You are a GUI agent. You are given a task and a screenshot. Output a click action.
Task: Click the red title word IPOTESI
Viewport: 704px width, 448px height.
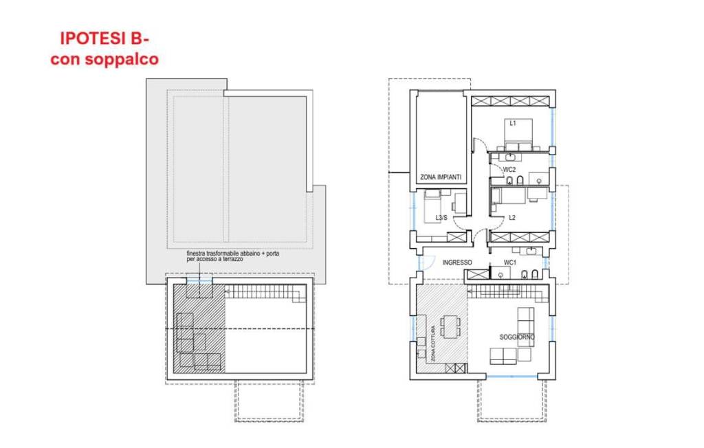(x=93, y=38)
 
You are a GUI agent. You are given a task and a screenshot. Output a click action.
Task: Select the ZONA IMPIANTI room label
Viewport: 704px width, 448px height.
(x=441, y=177)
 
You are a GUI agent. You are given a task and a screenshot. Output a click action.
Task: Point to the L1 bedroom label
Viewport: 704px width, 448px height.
(x=512, y=123)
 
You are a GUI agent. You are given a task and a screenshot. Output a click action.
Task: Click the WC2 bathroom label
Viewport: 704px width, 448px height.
(x=509, y=170)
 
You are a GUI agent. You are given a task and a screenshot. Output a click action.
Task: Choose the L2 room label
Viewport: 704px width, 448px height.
(x=511, y=218)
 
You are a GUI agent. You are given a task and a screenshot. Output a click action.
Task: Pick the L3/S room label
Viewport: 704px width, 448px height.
(x=441, y=218)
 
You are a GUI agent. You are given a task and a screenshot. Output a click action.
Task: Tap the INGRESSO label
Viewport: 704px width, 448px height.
(x=457, y=262)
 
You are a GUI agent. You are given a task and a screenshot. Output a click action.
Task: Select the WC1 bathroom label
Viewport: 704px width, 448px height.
(x=510, y=262)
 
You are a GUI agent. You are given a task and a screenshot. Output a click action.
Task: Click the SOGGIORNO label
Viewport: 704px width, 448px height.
(x=517, y=337)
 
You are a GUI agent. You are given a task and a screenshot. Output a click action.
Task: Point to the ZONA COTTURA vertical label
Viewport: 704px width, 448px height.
(x=433, y=344)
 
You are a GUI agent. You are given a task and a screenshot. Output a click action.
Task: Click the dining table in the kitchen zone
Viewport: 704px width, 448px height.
(x=450, y=326)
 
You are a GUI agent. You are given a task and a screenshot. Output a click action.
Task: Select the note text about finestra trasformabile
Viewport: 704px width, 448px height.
(x=232, y=256)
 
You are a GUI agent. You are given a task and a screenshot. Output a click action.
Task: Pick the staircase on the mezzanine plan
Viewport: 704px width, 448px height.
(x=263, y=294)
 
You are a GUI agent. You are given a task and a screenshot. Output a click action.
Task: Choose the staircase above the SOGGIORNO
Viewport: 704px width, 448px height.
(x=508, y=294)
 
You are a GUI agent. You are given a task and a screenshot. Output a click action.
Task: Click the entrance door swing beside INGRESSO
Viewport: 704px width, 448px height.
(x=426, y=262)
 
